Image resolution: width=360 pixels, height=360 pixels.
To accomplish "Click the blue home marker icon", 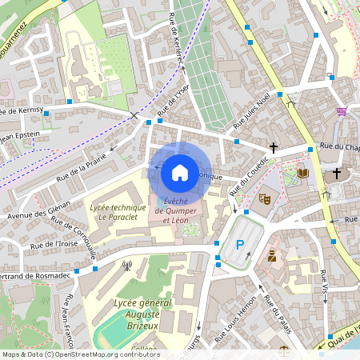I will pos(180,171).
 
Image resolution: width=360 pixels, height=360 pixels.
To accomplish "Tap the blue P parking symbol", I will pos(238,245).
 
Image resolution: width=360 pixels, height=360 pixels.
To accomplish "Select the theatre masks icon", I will pos(263,198).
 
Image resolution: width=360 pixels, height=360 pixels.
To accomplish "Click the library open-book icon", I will pos(302,173).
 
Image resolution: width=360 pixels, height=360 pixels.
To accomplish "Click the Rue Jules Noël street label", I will pos(257,110).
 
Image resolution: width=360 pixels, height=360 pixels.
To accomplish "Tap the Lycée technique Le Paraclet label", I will pos(118,212).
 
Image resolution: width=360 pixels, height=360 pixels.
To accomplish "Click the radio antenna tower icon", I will pos(126,264).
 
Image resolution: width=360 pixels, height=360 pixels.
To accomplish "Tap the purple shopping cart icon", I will pos(342,111).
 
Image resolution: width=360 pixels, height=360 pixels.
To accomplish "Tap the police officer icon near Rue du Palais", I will pos(272,256).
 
